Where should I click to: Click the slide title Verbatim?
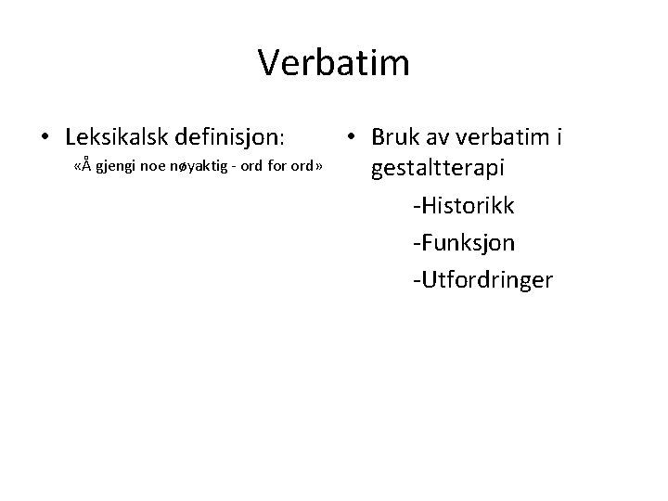coord(333,63)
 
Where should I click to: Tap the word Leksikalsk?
coord(116,137)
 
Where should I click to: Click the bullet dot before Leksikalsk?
coord(45,138)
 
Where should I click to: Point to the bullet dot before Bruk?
coord(350,138)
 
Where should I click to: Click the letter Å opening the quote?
coord(84,167)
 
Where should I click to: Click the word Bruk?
coord(393,137)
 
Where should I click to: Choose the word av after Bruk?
coord(437,137)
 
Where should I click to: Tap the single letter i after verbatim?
coord(559,137)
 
